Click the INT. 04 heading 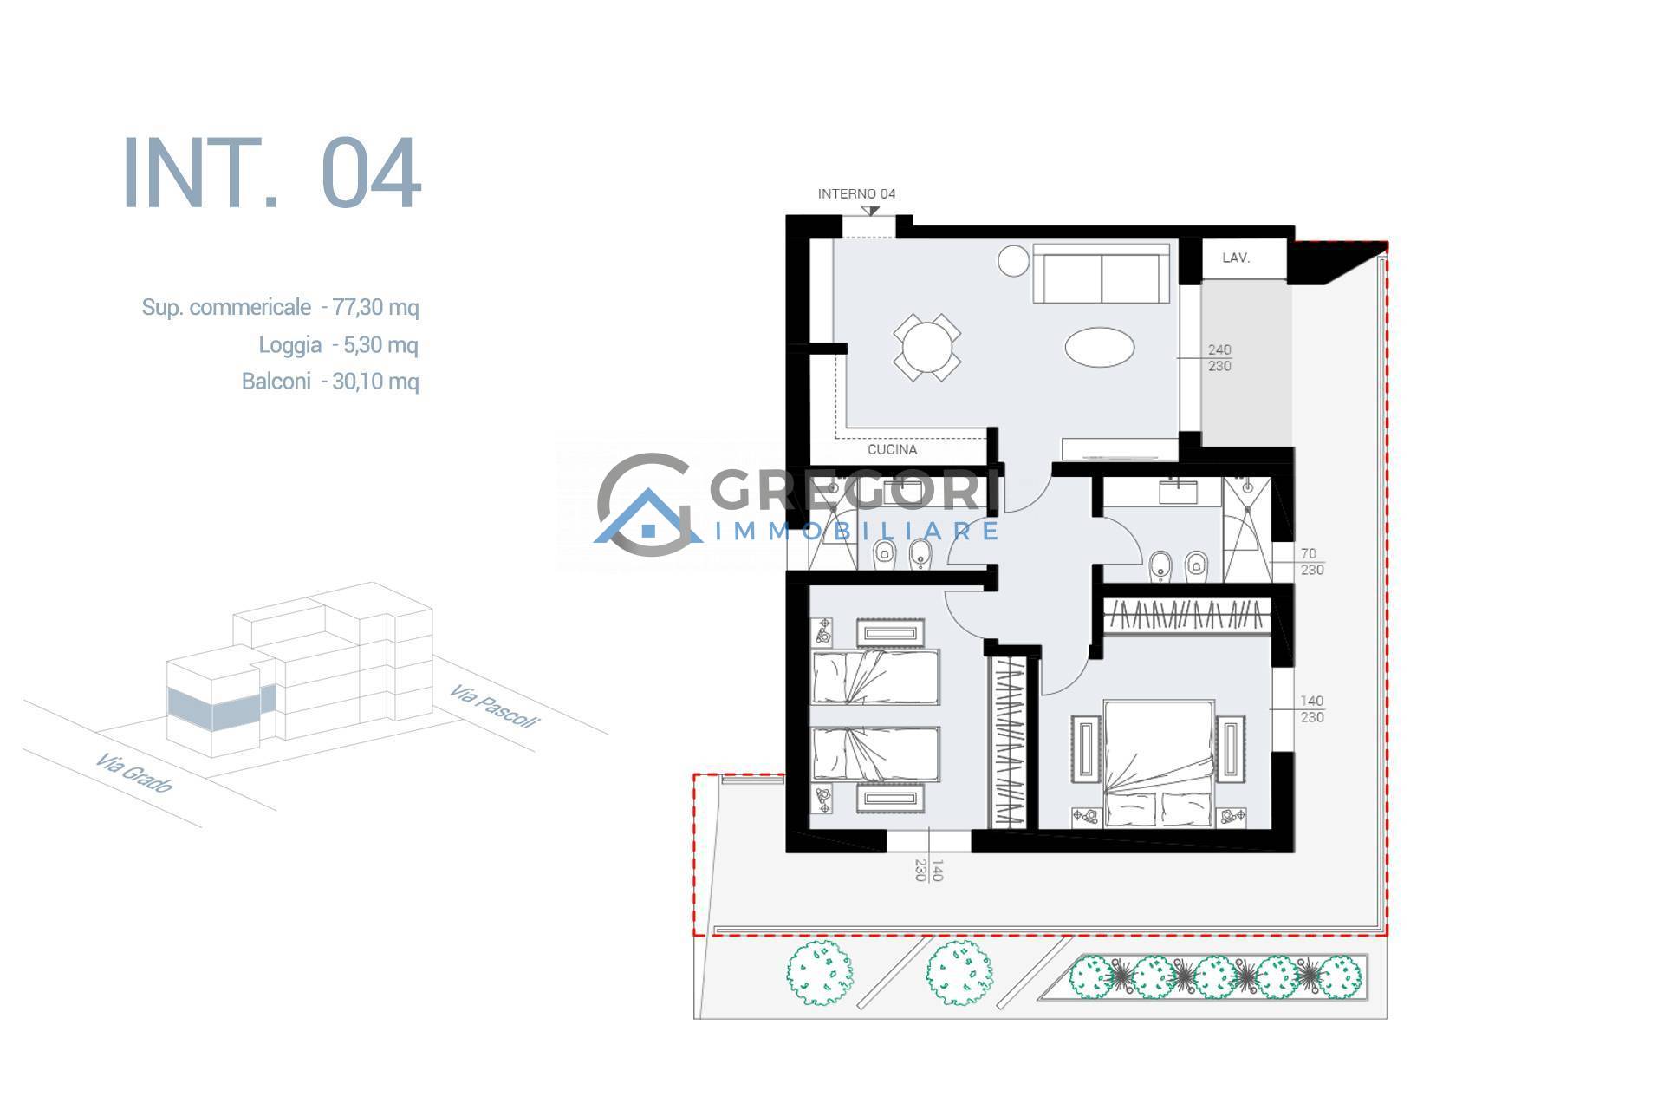[x=272, y=173]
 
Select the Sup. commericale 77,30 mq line [x=280, y=307]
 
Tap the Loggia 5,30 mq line [x=338, y=345]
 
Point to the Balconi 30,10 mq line [x=330, y=382]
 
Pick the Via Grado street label [x=134, y=773]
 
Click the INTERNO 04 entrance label [x=856, y=193]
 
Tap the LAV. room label [x=1236, y=258]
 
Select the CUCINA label [x=893, y=450]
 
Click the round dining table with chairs [x=927, y=348]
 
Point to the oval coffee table [x=1099, y=348]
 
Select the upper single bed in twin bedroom [x=875, y=677]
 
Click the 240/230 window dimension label [x=1219, y=358]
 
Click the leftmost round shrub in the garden [x=820, y=975]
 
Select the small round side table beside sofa [x=1012, y=261]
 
